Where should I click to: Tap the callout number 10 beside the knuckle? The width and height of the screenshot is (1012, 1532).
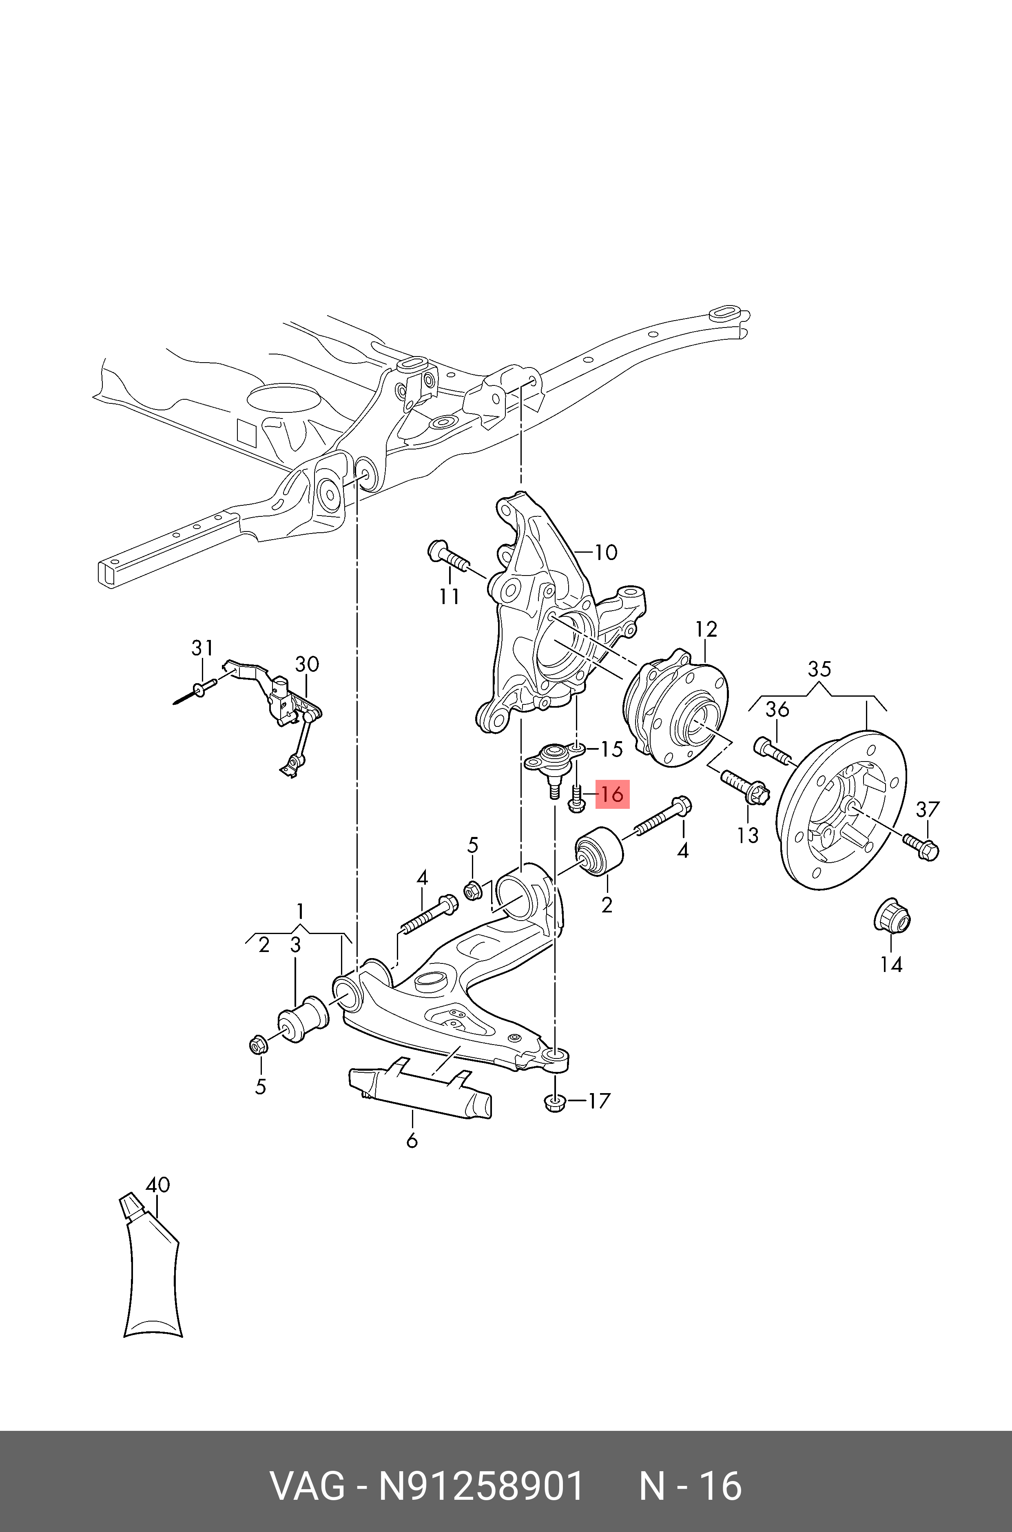pos(605,552)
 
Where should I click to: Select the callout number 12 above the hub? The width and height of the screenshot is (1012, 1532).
pos(706,629)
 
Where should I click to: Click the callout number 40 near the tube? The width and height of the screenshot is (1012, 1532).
pos(157,1185)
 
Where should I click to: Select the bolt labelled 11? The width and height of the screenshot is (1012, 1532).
pos(449,557)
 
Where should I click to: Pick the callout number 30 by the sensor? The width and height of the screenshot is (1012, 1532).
pos(307,664)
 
